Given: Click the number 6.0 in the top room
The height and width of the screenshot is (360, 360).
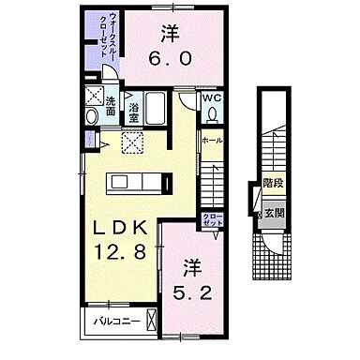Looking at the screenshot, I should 171,57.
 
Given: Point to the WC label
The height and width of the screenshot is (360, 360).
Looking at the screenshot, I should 214,97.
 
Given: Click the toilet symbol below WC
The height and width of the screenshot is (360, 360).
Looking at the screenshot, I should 214,114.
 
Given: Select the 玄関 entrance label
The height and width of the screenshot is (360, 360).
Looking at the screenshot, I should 273,212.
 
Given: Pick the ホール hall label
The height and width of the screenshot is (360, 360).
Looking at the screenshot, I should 212,141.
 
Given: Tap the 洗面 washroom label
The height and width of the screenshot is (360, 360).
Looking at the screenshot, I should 111,106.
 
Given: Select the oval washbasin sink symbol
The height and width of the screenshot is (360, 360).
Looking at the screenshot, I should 92,116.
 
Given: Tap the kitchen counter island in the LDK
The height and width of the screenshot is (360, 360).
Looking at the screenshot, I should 139,179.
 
